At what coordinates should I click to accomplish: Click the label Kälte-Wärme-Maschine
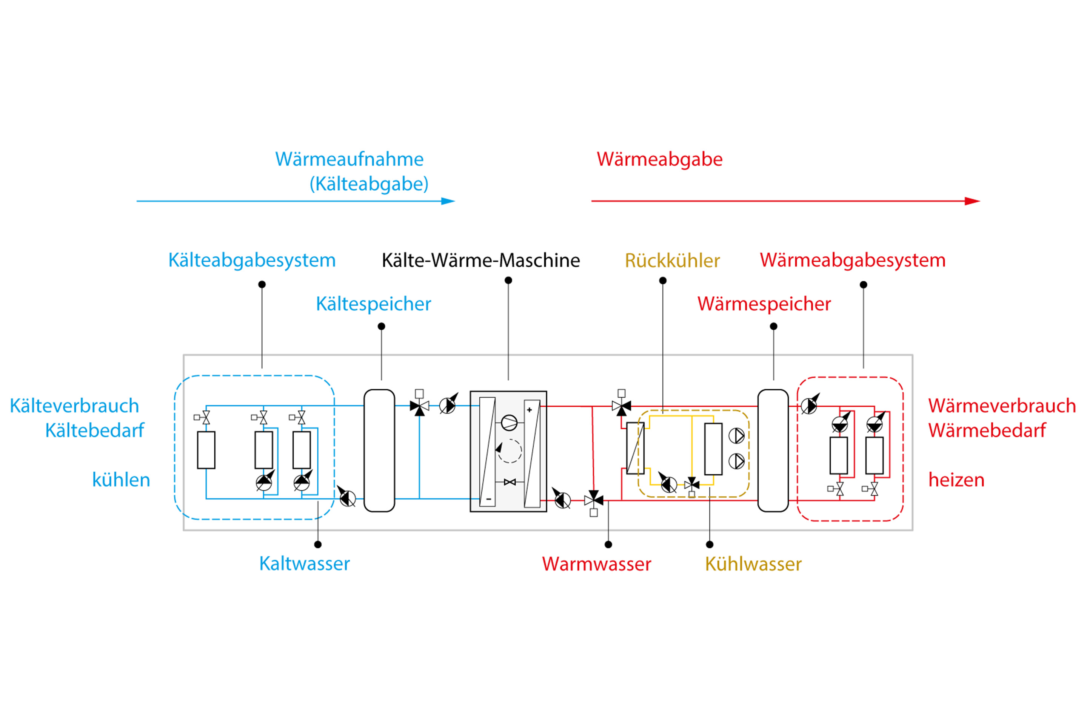pos(480,260)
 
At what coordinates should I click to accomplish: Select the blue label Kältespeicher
pos(373,304)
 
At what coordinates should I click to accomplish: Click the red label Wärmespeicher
pos(764,304)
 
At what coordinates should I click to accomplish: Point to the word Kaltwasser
pos(304,564)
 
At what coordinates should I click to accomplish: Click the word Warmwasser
pos(596,564)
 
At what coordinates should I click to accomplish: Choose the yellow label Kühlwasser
pos(753,564)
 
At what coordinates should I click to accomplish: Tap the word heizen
pos(956,480)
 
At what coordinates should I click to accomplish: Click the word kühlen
pos(121,480)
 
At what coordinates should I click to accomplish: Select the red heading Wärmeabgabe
pos(659,159)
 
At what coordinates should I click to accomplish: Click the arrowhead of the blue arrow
pos(448,201)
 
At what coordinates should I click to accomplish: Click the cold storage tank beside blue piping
pos(379,450)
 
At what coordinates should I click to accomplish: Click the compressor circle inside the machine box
pos(509,422)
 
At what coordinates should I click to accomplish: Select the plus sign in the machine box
pos(529,410)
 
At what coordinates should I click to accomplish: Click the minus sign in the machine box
pos(488,499)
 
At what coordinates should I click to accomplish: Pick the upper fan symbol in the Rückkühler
pos(736,435)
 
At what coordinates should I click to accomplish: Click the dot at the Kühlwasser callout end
pos(710,545)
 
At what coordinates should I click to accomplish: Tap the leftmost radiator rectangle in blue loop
pos(206,450)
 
